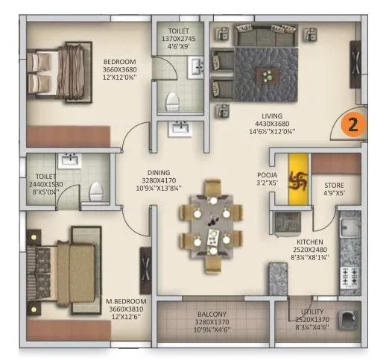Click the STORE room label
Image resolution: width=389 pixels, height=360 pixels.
coord(332,185)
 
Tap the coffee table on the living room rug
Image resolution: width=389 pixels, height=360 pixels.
coord(266,75)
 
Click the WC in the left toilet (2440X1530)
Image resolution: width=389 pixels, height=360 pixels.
coord(95,192)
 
